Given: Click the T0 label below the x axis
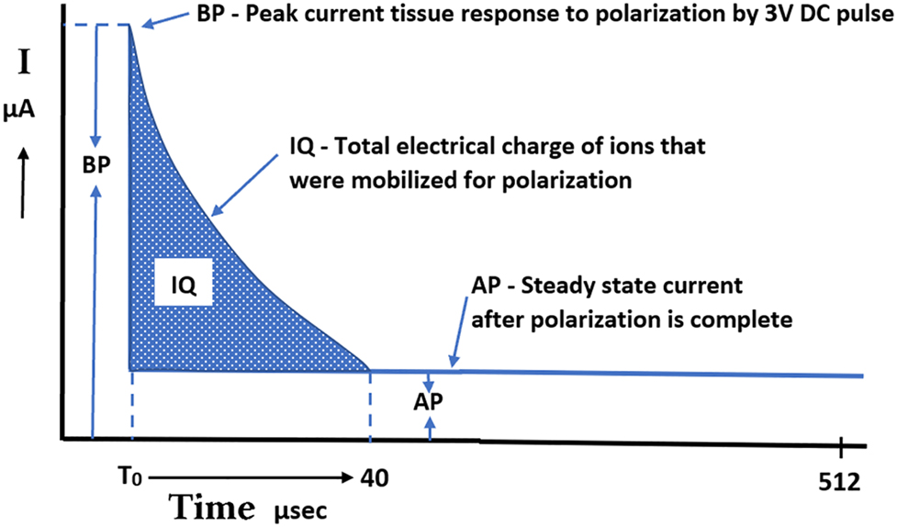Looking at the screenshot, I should (x=129, y=479).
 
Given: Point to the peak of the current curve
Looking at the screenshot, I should (x=130, y=26).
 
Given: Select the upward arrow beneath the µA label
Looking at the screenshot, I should (x=25, y=184).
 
